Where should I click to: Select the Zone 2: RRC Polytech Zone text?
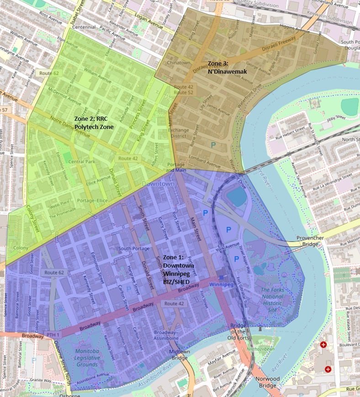(x=94, y=123)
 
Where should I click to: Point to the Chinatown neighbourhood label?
(x=179, y=63)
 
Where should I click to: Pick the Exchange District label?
(x=178, y=133)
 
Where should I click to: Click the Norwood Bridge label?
(x=267, y=382)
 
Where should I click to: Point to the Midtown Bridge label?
(x=180, y=355)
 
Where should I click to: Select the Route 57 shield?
(x=4, y=110)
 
